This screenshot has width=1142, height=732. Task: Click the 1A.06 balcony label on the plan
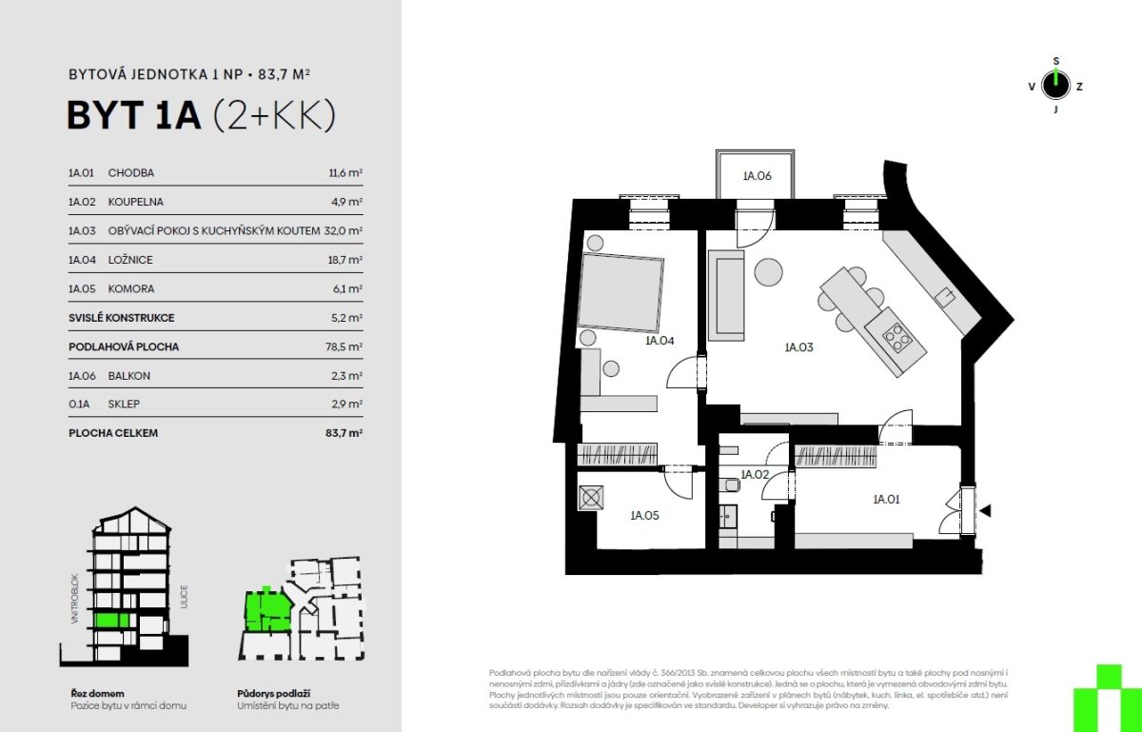(x=758, y=176)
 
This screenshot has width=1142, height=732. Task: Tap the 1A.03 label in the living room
(x=798, y=347)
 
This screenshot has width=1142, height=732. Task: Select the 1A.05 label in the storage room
(x=644, y=515)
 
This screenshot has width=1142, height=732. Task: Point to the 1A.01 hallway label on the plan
(x=886, y=500)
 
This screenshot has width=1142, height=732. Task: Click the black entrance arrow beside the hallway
(x=985, y=510)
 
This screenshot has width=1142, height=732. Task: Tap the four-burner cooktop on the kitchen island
(x=896, y=337)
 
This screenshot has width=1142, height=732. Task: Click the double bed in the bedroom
(x=620, y=292)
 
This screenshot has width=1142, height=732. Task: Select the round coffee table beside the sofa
(x=768, y=272)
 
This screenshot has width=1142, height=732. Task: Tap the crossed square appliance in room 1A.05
(x=591, y=498)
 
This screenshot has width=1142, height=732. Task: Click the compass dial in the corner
(x=1055, y=85)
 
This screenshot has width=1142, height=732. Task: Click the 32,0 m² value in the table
(x=344, y=230)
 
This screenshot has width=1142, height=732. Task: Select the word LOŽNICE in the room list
(x=130, y=260)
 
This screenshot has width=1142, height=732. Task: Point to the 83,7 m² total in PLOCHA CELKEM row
(x=345, y=433)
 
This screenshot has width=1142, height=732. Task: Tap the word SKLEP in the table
(x=124, y=404)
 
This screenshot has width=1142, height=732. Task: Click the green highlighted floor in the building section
(x=111, y=621)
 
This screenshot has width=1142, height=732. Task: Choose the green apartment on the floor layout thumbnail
(x=267, y=611)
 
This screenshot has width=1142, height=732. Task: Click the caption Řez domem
(x=97, y=694)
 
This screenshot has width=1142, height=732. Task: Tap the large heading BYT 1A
(x=134, y=115)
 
